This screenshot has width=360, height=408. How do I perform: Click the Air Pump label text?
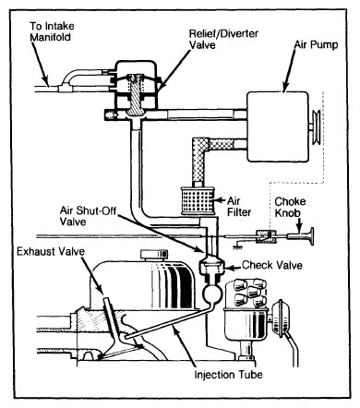(x=316, y=44)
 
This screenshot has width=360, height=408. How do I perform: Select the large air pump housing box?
(x=278, y=126)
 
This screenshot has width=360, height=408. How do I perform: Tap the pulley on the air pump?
(x=317, y=126)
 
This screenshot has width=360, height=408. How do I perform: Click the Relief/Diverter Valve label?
(x=223, y=39)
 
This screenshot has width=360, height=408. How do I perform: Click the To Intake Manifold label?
(x=52, y=31)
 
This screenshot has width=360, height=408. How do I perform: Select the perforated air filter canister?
(x=197, y=200)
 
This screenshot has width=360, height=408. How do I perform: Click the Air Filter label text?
(x=239, y=207)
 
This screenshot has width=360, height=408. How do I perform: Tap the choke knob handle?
(x=302, y=236)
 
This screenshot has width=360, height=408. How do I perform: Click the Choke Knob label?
(x=290, y=208)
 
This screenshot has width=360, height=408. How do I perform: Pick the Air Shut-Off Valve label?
(x=88, y=216)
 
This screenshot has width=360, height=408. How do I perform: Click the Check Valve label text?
(x=272, y=265)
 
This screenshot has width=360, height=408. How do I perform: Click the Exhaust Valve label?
(x=51, y=251)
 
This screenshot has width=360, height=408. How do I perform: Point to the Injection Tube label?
(x=228, y=375)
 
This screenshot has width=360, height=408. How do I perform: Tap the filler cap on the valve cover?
(x=154, y=255)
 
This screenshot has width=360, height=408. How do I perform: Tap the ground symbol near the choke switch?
(x=237, y=246)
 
